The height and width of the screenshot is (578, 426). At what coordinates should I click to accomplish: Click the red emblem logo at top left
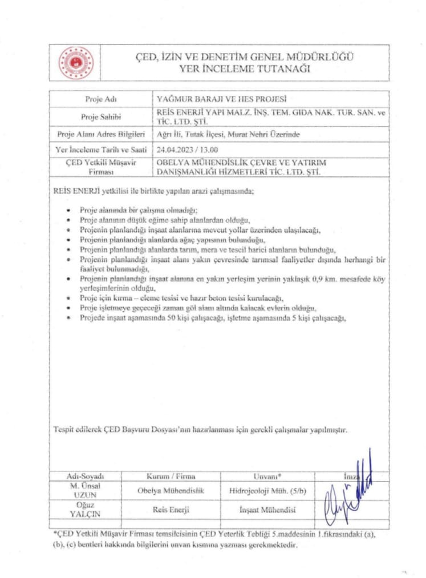(x=75, y=63)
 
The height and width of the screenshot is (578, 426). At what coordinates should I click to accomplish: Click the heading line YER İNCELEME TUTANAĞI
(x=244, y=68)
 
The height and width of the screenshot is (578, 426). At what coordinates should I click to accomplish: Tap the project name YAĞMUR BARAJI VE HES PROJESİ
(x=221, y=98)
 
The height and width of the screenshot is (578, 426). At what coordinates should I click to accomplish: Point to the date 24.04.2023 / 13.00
(x=186, y=150)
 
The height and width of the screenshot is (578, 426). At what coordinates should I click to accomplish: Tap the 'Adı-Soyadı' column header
(x=85, y=475)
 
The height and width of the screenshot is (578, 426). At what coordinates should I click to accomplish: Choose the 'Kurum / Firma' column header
(x=171, y=475)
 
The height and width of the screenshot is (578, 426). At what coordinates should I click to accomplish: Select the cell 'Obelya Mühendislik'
(x=171, y=490)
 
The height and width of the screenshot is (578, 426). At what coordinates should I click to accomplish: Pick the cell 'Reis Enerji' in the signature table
(x=171, y=511)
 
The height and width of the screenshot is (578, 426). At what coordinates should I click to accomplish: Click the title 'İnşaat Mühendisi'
(x=267, y=511)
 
